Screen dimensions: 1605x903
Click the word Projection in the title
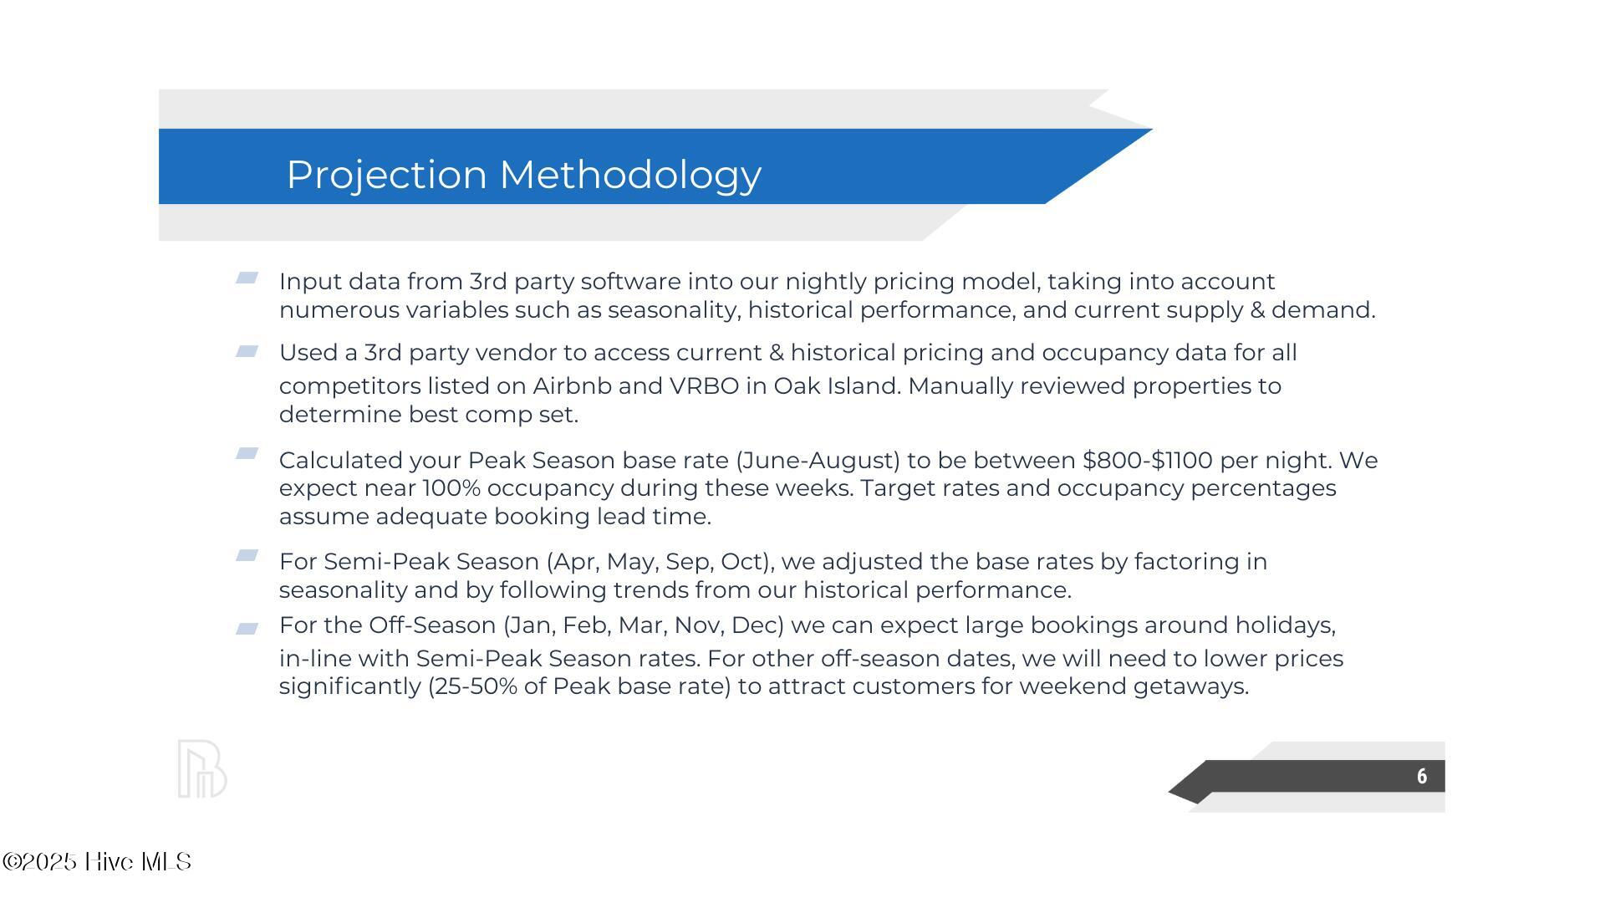pos(386,175)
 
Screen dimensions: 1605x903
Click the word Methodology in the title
pos(630,175)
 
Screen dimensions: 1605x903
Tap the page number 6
pos(1422,777)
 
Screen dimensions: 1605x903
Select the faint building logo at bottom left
pos(202,768)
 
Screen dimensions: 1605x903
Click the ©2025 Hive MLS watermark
pos(97,862)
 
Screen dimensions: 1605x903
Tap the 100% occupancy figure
pos(451,488)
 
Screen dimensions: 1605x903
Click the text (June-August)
pos(818,461)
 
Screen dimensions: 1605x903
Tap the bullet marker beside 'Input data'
pos(247,278)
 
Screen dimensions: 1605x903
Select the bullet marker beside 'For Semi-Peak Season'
pos(247,555)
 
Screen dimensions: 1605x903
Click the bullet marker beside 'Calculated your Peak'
pos(247,453)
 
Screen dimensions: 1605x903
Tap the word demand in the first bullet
pos(1323,310)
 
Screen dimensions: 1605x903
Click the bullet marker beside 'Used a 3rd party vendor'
pos(247,352)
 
